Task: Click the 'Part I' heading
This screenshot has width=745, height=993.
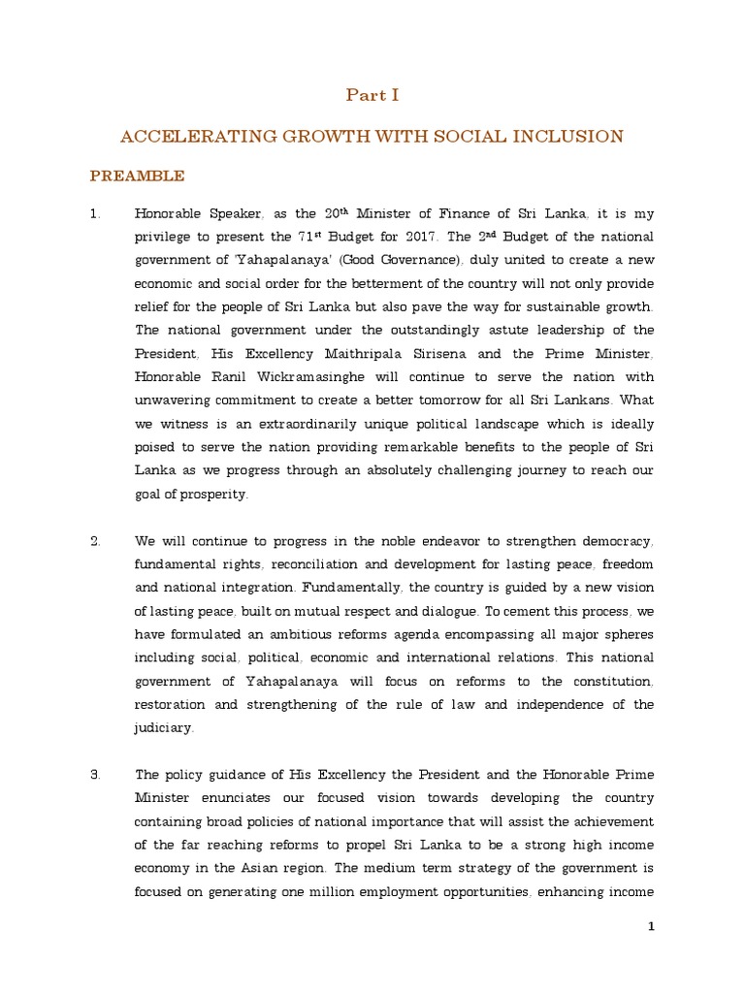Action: pyautogui.click(x=372, y=95)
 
